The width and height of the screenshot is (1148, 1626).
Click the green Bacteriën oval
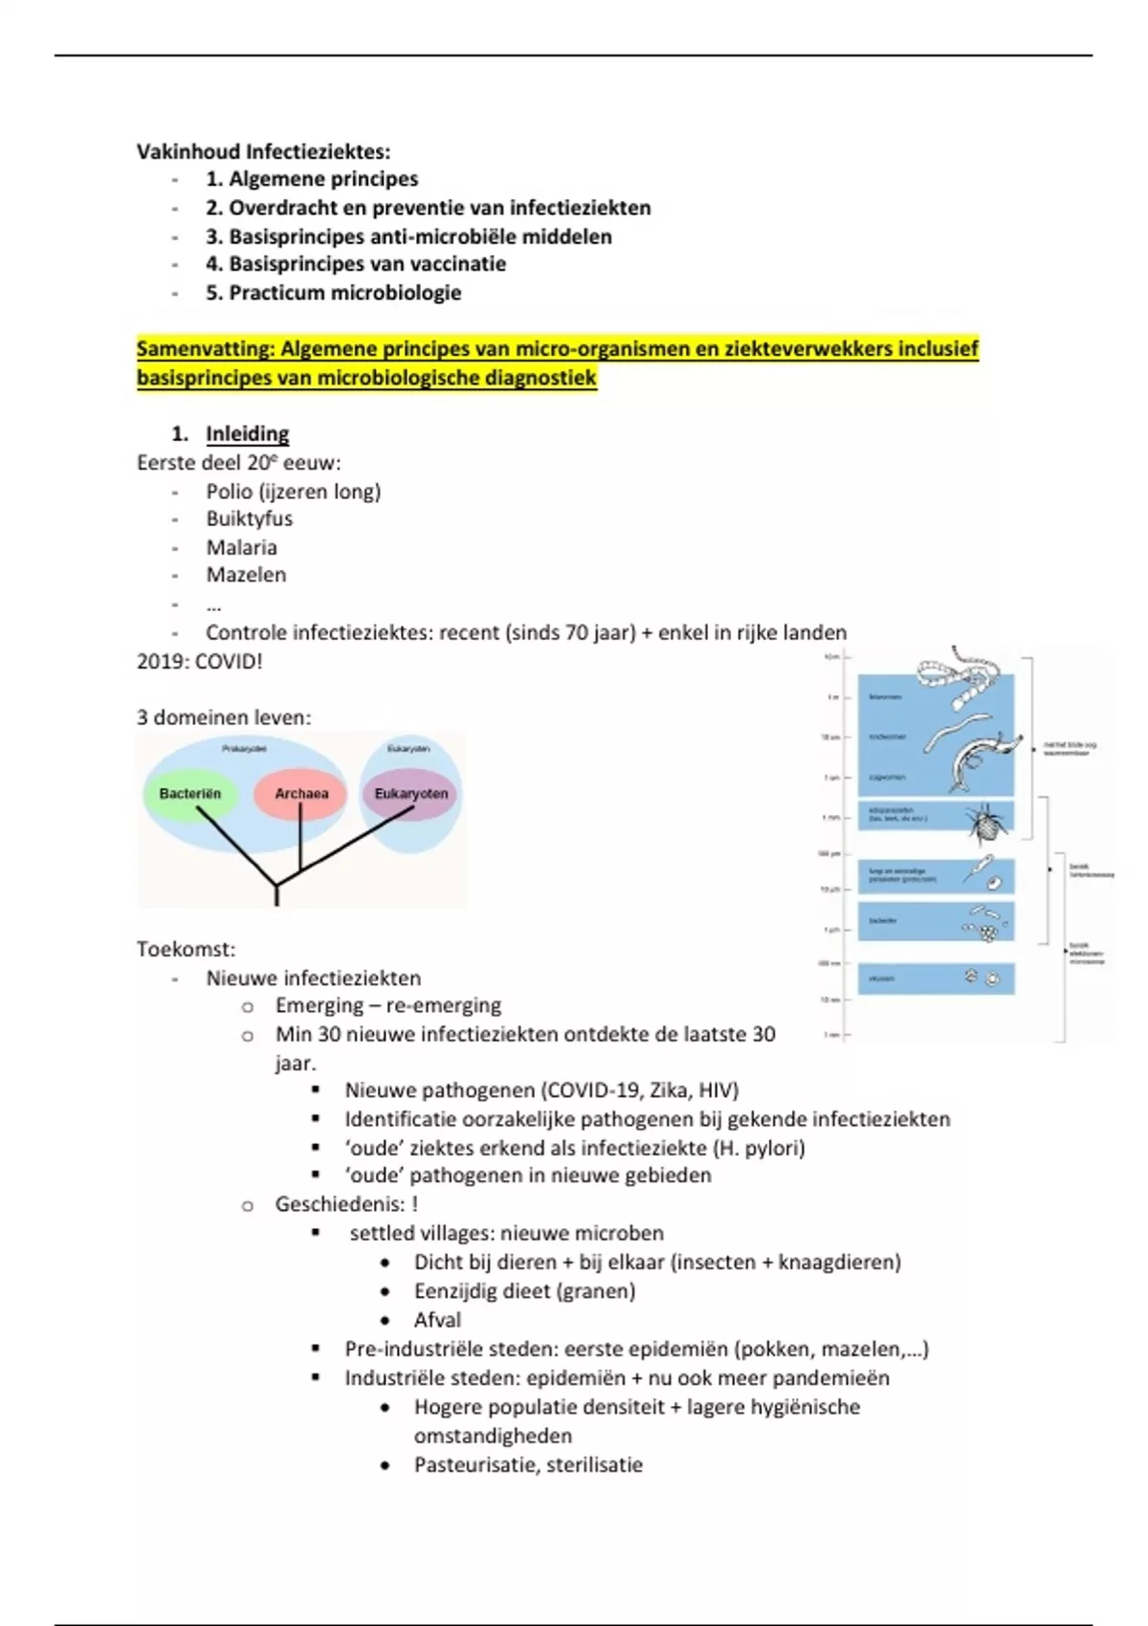click(x=190, y=795)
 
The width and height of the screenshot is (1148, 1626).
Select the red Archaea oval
click(x=300, y=794)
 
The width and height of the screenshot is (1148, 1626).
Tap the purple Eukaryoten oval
click(x=411, y=794)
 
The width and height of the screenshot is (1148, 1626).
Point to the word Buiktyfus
click(x=250, y=519)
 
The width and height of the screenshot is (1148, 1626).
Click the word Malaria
click(x=242, y=548)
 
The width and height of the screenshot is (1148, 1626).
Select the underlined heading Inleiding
click(x=248, y=434)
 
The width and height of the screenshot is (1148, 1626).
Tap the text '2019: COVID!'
click(x=199, y=662)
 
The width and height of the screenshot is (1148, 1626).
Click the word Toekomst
click(x=184, y=950)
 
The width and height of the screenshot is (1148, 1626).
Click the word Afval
click(x=437, y=1320)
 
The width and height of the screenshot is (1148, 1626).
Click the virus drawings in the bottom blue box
click(x=982, y=978)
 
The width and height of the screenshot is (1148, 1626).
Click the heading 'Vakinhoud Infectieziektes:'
click(x=263, y=152)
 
